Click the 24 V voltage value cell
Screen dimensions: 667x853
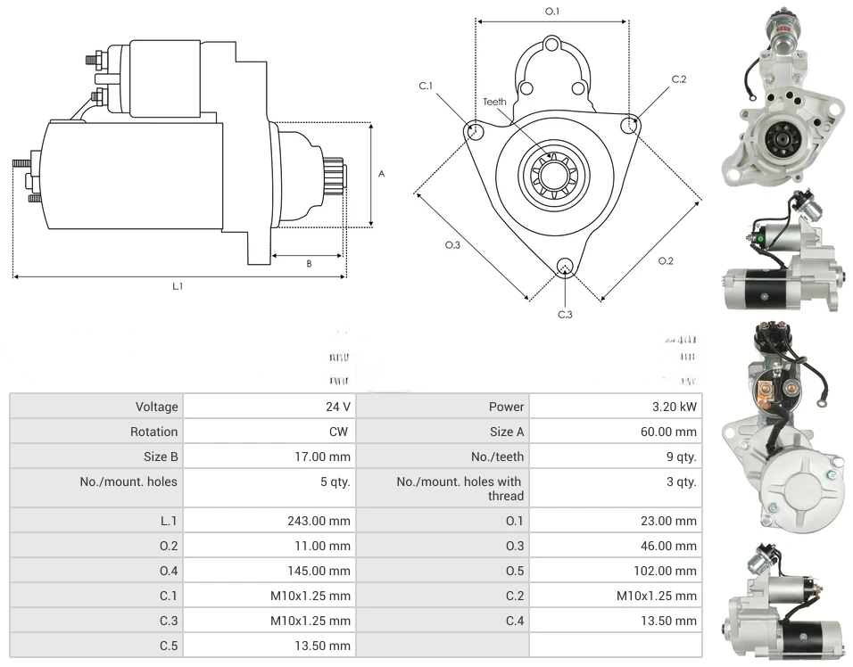coord(337,407)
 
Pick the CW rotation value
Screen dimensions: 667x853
coord(342,432)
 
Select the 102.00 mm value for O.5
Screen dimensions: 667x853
coord(665,571)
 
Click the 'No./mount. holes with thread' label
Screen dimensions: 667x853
coord(460,489)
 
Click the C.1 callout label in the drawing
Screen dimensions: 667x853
coord(426,86)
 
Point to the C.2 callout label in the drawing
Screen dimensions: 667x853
coord(679,79)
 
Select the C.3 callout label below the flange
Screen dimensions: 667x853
coord(565,314)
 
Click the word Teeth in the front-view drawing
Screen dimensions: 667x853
coord(494,102)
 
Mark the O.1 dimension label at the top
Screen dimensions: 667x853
coord(552,12)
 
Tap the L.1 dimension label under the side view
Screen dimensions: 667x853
coord(178,286)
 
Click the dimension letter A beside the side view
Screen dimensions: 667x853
coord(381,174)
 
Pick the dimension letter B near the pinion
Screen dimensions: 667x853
coord(309,263)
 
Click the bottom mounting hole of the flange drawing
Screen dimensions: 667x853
coord(565,266)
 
